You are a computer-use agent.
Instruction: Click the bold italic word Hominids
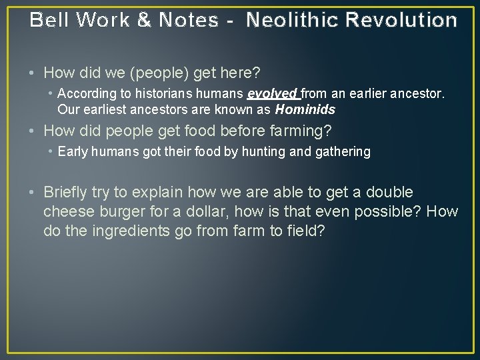click(305, 109)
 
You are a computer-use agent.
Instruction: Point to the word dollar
click(223, 212)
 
